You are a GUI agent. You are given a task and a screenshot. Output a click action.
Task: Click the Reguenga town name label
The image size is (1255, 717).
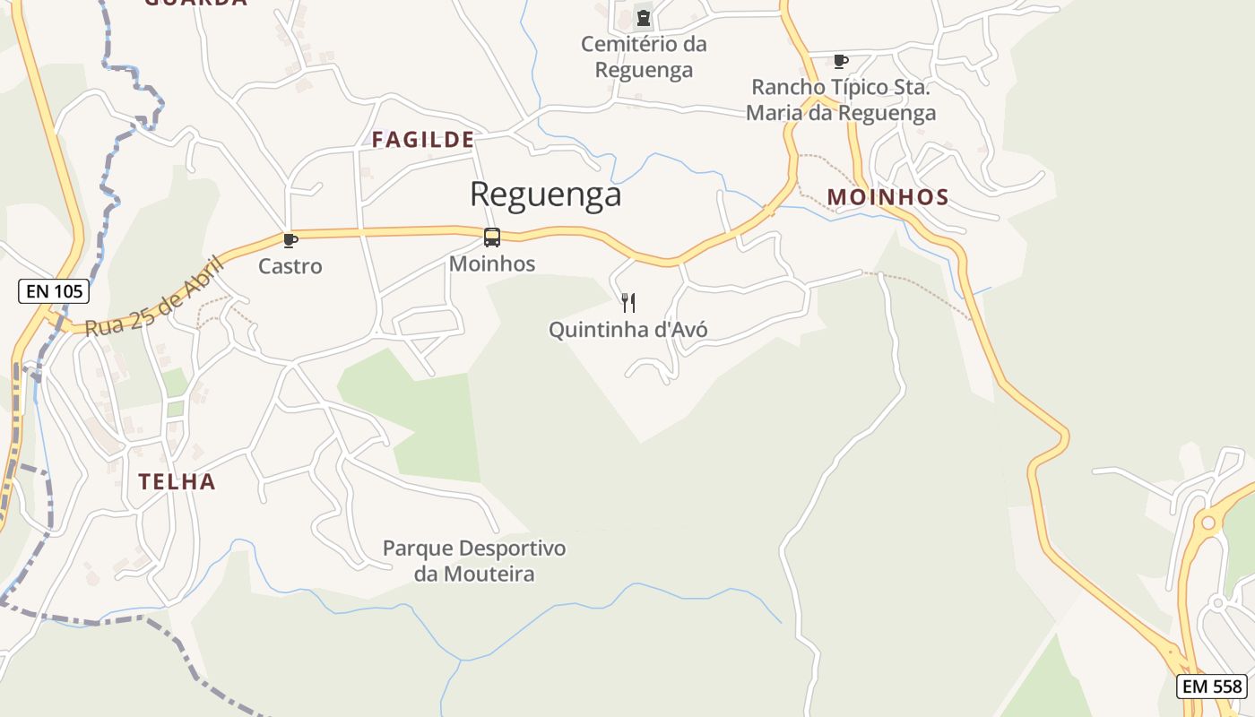(x=545, y=194)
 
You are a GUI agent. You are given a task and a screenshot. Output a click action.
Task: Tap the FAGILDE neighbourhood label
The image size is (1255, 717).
(x=423, y=140)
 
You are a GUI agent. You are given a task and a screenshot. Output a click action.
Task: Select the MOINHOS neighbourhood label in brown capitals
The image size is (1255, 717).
(x=887, y=197)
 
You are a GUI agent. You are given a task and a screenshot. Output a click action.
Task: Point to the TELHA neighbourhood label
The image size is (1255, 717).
(x=177, y=482)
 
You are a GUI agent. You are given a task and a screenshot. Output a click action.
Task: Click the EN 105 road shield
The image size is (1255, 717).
(x=54, y=290)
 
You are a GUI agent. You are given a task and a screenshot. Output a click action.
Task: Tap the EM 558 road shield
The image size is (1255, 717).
(x=1212, y=687)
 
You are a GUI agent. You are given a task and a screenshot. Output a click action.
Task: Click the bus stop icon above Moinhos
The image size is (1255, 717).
(x=492, y=238)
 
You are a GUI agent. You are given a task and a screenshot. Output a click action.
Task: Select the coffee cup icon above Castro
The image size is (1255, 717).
(x=290, y=240)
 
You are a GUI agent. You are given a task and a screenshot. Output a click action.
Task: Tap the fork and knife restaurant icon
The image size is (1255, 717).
(x=628, y=303)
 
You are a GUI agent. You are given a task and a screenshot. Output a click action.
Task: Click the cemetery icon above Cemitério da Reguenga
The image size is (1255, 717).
(x=643, y=17)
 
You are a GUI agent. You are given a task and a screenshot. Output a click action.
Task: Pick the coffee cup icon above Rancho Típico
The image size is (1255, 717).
(x=840, y=62)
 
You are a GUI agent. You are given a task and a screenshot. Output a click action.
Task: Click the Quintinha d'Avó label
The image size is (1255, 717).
(x=627, y=330)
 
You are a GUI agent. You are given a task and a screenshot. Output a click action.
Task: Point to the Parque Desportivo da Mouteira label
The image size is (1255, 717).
(x=474, y=561)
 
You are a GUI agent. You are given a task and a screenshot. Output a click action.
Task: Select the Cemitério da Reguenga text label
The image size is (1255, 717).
(x=644, y=56)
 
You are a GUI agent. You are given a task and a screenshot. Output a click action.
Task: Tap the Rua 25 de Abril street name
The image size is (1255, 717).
(x=154, y=297)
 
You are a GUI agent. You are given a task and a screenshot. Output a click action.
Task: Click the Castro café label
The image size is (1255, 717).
(x=290, y=266)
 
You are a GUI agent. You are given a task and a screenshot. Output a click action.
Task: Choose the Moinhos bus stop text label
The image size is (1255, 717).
(x=492, y=263)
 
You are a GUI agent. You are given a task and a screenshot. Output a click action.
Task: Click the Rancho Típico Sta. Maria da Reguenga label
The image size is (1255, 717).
(x=841, y=100)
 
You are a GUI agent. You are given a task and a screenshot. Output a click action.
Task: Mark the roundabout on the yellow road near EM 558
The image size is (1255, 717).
(x=1208, y=522)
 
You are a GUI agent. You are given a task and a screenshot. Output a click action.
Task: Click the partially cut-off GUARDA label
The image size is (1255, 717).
(x=195, y=3)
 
